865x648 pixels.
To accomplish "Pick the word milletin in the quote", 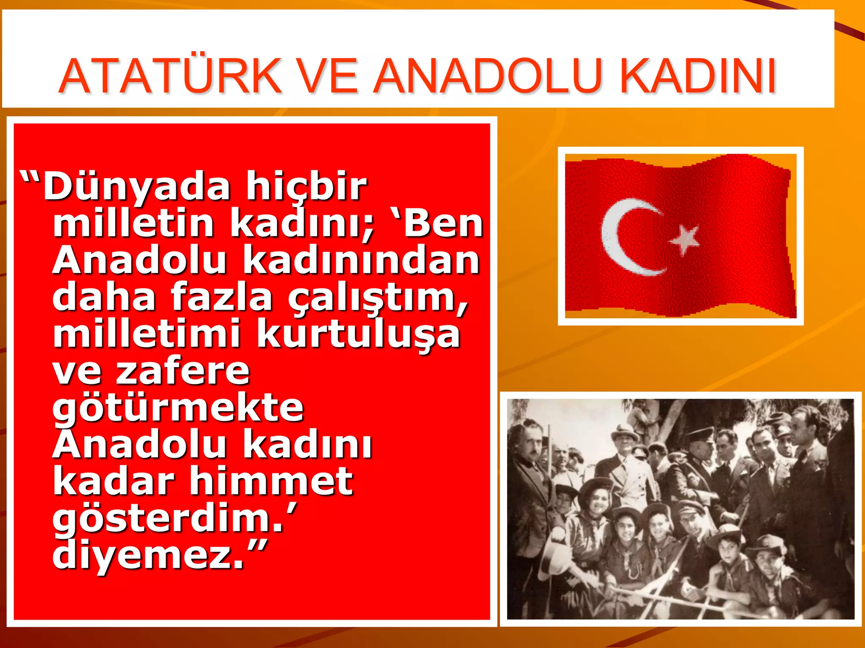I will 133,224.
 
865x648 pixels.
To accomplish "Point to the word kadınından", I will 362,260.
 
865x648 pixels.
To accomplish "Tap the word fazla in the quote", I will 222,297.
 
